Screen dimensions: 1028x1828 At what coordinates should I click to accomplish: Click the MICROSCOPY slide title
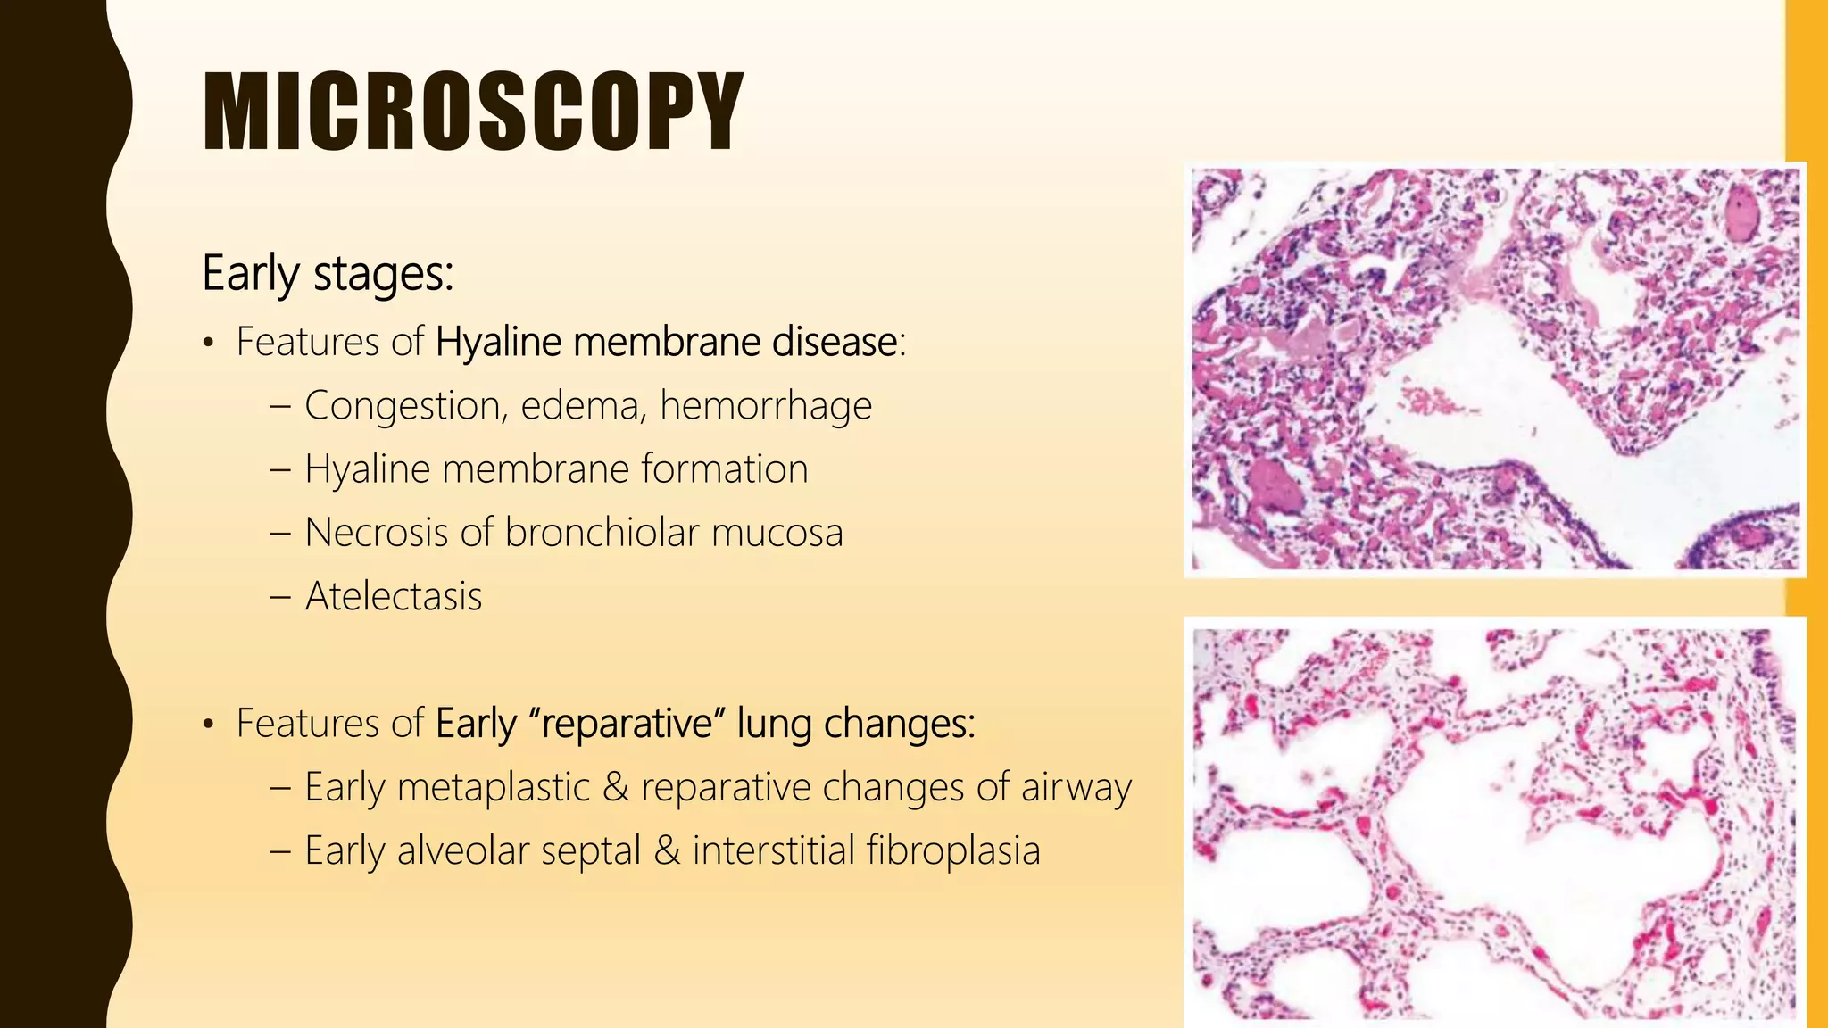(473, 112)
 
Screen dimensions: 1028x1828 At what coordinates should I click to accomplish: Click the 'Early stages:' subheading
(328, 273)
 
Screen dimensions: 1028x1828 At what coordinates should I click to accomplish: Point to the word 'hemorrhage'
(765, 406)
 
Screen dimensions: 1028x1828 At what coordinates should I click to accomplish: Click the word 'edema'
(581, 406)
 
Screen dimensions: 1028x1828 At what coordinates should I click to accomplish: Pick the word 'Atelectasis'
(393, 596)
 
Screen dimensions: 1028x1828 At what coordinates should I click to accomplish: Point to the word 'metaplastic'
(493, 787)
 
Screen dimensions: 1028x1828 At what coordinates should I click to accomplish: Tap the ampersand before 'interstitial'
(667, 850)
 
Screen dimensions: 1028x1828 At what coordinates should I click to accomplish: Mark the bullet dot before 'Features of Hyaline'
(208, 344)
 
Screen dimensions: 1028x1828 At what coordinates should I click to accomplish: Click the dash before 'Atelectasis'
(279, 596)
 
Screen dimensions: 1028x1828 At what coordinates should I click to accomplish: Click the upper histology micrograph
(1494, 369)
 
